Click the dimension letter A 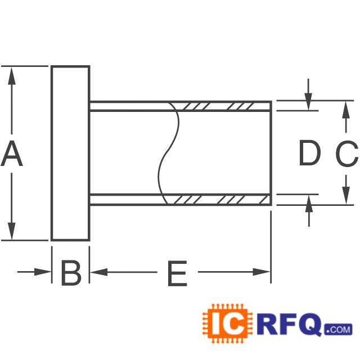click(x=12, y=155)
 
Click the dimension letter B click(x=71, y=274)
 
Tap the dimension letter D click(x=309, y=154)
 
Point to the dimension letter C click(x=346, y=155)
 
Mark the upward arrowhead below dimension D click(x=308, y=204)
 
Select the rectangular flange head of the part click(x=70, y=153)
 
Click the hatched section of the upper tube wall click(x=222, y=106)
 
